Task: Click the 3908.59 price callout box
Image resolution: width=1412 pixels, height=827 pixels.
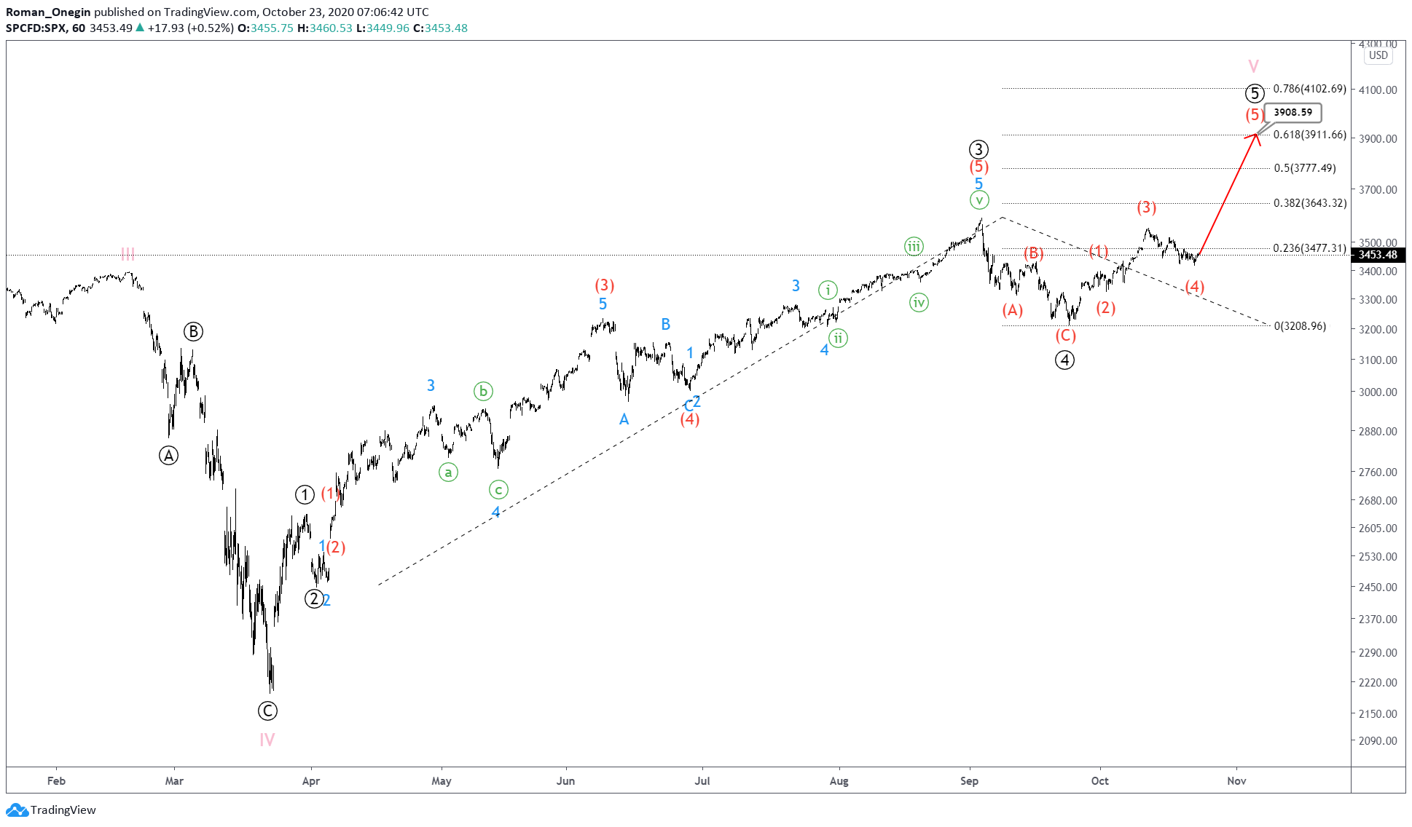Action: coord(1293,112)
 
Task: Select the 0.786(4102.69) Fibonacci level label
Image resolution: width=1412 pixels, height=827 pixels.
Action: coord(1309,89)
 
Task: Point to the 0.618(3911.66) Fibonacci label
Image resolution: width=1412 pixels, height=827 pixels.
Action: coord(1309,135)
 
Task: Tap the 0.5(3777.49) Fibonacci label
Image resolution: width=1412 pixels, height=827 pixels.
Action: coord(1304,168)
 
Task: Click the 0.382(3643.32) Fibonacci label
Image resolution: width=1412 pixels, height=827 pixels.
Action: coord(1309,203)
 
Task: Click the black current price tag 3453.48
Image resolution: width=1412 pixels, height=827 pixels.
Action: coord(1377,255)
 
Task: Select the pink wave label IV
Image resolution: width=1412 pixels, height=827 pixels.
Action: coord(267,740)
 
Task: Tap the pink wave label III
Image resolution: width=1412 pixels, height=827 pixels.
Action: coord(128,253)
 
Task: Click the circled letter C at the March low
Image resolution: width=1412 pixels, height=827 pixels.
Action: coord(267,711)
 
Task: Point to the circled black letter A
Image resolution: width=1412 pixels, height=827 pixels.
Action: coord(168,456)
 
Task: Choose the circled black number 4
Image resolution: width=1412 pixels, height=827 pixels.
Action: coord(1064,360)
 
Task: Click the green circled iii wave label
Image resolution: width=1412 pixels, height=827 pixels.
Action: coord(914,246)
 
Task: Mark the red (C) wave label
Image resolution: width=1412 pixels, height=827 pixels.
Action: coord(1065,336)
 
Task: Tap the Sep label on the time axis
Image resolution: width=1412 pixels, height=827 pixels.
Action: coord(969,781)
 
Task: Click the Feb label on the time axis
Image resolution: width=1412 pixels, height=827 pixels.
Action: coord(56,781)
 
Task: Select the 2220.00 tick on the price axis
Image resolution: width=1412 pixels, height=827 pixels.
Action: coord(1377,682)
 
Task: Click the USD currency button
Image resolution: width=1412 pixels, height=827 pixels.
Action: coord(1378,55)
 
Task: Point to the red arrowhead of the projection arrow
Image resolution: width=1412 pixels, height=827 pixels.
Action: coord(1256,135)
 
